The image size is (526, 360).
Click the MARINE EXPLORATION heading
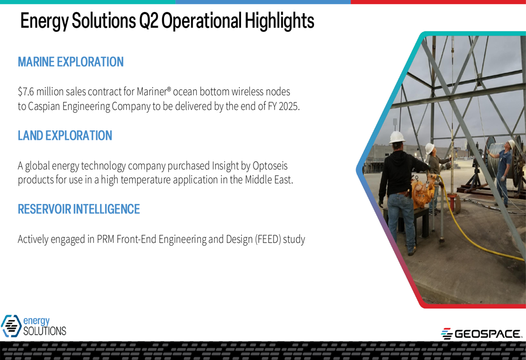tap(71, 62)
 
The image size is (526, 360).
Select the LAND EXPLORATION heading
tap(65, 136)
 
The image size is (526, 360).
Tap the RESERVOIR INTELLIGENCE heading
tap(79, 209)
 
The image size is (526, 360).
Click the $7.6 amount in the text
tap(26, 91)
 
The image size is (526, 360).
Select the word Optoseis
tap(270, 166)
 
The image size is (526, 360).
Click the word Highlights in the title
tap(279, 21)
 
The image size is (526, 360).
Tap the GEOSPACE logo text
tap(488, 334)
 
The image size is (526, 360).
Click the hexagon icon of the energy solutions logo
tap(12, 326)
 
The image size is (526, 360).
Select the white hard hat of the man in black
tap(397, 137)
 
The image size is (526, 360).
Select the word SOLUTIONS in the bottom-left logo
tap(45, 331)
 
